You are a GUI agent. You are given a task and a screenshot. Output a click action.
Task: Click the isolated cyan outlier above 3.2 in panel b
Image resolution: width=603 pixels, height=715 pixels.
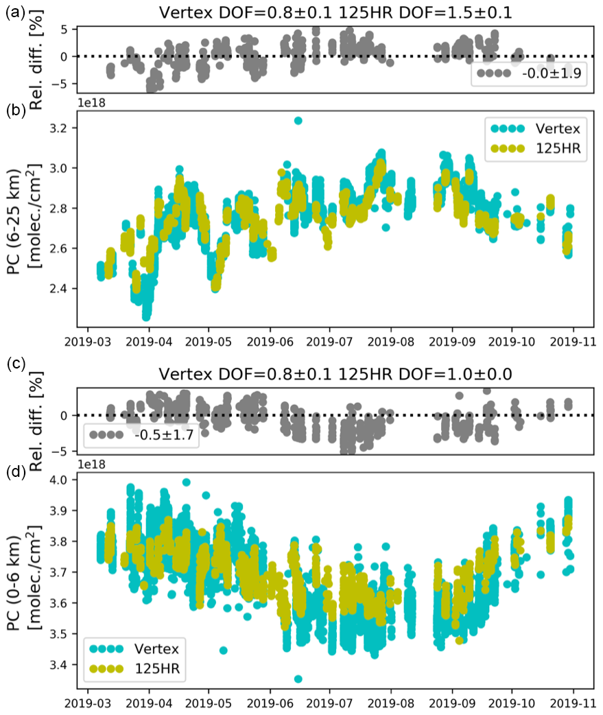tap(298, 120)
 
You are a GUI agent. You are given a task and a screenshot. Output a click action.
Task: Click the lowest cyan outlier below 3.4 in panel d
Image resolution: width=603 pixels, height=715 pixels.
tap(298, 679)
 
